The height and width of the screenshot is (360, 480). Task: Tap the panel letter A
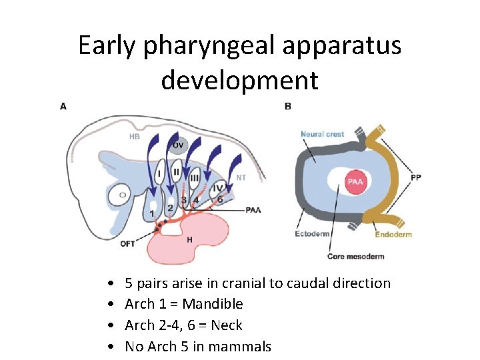pos(63,106)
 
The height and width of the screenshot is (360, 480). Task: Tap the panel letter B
pos(287,106)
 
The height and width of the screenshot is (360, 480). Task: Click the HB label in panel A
pos(135,137)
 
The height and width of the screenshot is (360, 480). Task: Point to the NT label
pos(242,178)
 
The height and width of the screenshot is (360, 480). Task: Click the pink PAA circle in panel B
pos(354,181)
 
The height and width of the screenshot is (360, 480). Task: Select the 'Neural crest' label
pos(322,134)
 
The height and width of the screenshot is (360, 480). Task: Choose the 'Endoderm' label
pos(393,234)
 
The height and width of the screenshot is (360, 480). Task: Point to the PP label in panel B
pos(416,178)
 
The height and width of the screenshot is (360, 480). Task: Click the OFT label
pos(127,244)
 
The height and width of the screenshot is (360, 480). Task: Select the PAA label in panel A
pos(253,210)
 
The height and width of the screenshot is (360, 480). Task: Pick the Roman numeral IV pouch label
pos(217,188)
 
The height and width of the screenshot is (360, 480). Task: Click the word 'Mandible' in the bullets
pos(213,304)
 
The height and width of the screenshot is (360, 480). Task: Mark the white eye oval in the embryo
pos(121,197)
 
